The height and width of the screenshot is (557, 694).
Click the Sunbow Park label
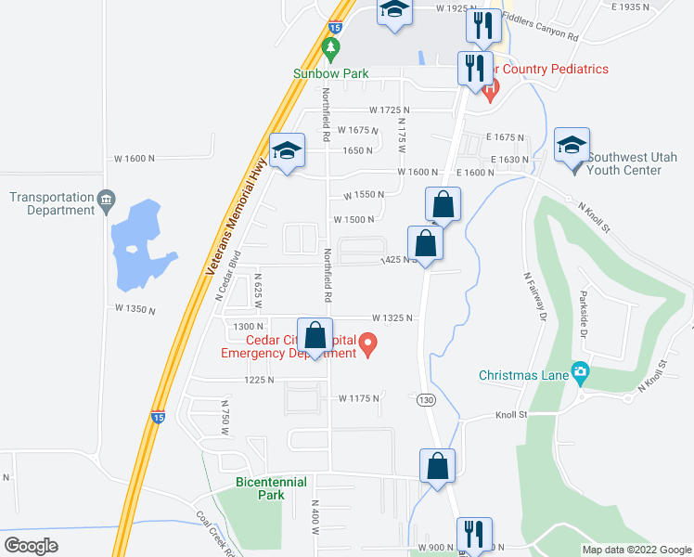click(x=331, y=73)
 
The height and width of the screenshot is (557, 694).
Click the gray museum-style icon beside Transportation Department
click(x=106, y=198)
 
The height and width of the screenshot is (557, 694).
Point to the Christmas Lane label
click(x=521, y=375)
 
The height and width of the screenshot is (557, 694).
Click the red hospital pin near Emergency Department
click(x=368, y=348)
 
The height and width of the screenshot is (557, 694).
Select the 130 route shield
click(x=425, y=399)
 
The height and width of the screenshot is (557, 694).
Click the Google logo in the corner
click(x=31, y=545)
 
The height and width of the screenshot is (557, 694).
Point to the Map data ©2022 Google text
click(x=636, y=550)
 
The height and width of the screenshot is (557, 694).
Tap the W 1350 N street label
click(x=135, y=307)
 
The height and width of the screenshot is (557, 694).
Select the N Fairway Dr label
click(x=533, y=296)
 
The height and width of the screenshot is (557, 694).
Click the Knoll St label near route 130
click(x=510, y=415)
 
